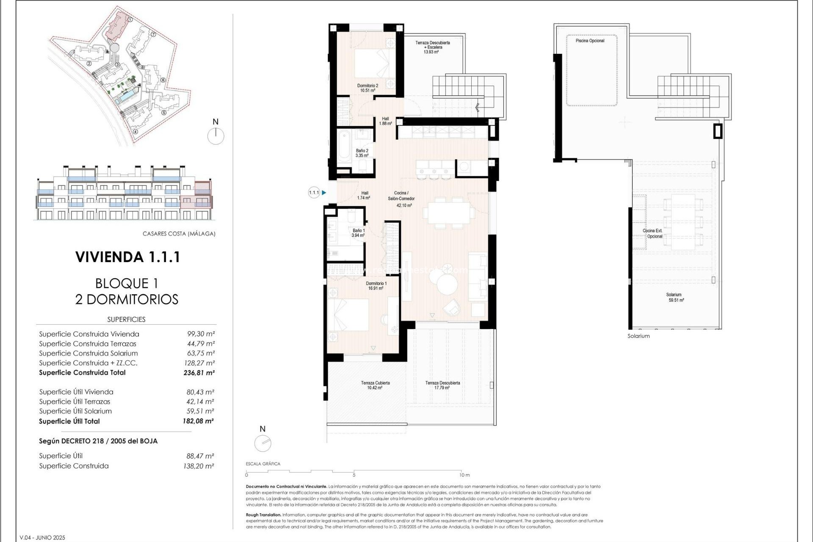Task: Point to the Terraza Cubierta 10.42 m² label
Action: [x=375, y=385]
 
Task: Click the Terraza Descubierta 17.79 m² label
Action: [x=442, y=385]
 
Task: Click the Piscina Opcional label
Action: [x=590, y=41]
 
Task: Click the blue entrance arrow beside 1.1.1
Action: [x=324, y=193]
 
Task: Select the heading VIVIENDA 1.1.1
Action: [x=127, y=257]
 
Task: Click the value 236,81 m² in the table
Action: [x=199, y=373]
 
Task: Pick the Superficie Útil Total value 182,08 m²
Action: [x=198, y=421]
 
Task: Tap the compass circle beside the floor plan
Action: [x=263, y=443]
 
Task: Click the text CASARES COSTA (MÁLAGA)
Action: [x=179, y=234]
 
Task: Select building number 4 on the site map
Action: [x=135, y=131]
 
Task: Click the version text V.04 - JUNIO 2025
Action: [x=42, y=538]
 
